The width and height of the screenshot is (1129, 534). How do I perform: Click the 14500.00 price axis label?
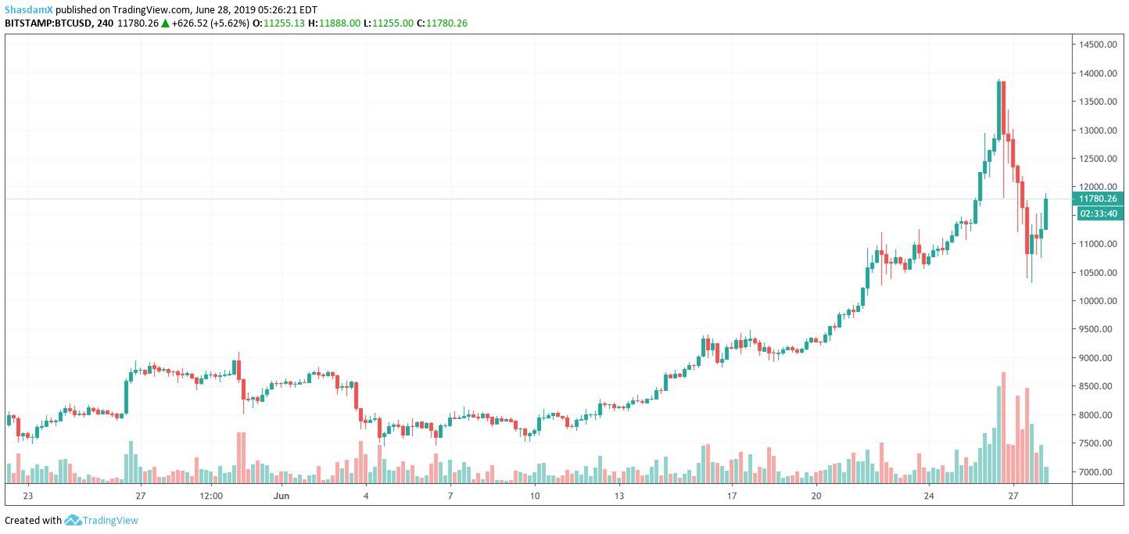1099,45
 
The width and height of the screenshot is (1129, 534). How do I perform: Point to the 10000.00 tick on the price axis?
1099,301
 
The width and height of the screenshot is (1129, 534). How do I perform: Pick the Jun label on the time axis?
283,496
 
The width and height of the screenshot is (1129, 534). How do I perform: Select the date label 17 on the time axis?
732,496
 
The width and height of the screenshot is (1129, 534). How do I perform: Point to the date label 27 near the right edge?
1013,496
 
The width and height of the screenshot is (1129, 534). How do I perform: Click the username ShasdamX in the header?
29,9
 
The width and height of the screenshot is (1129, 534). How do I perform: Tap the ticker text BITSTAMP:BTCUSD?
45,23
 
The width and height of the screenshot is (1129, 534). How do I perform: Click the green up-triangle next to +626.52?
165,23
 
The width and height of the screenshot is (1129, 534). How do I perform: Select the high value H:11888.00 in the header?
334,23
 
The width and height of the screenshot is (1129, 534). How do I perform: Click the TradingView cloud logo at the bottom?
73,520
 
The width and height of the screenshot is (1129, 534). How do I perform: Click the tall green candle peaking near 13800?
998,109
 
